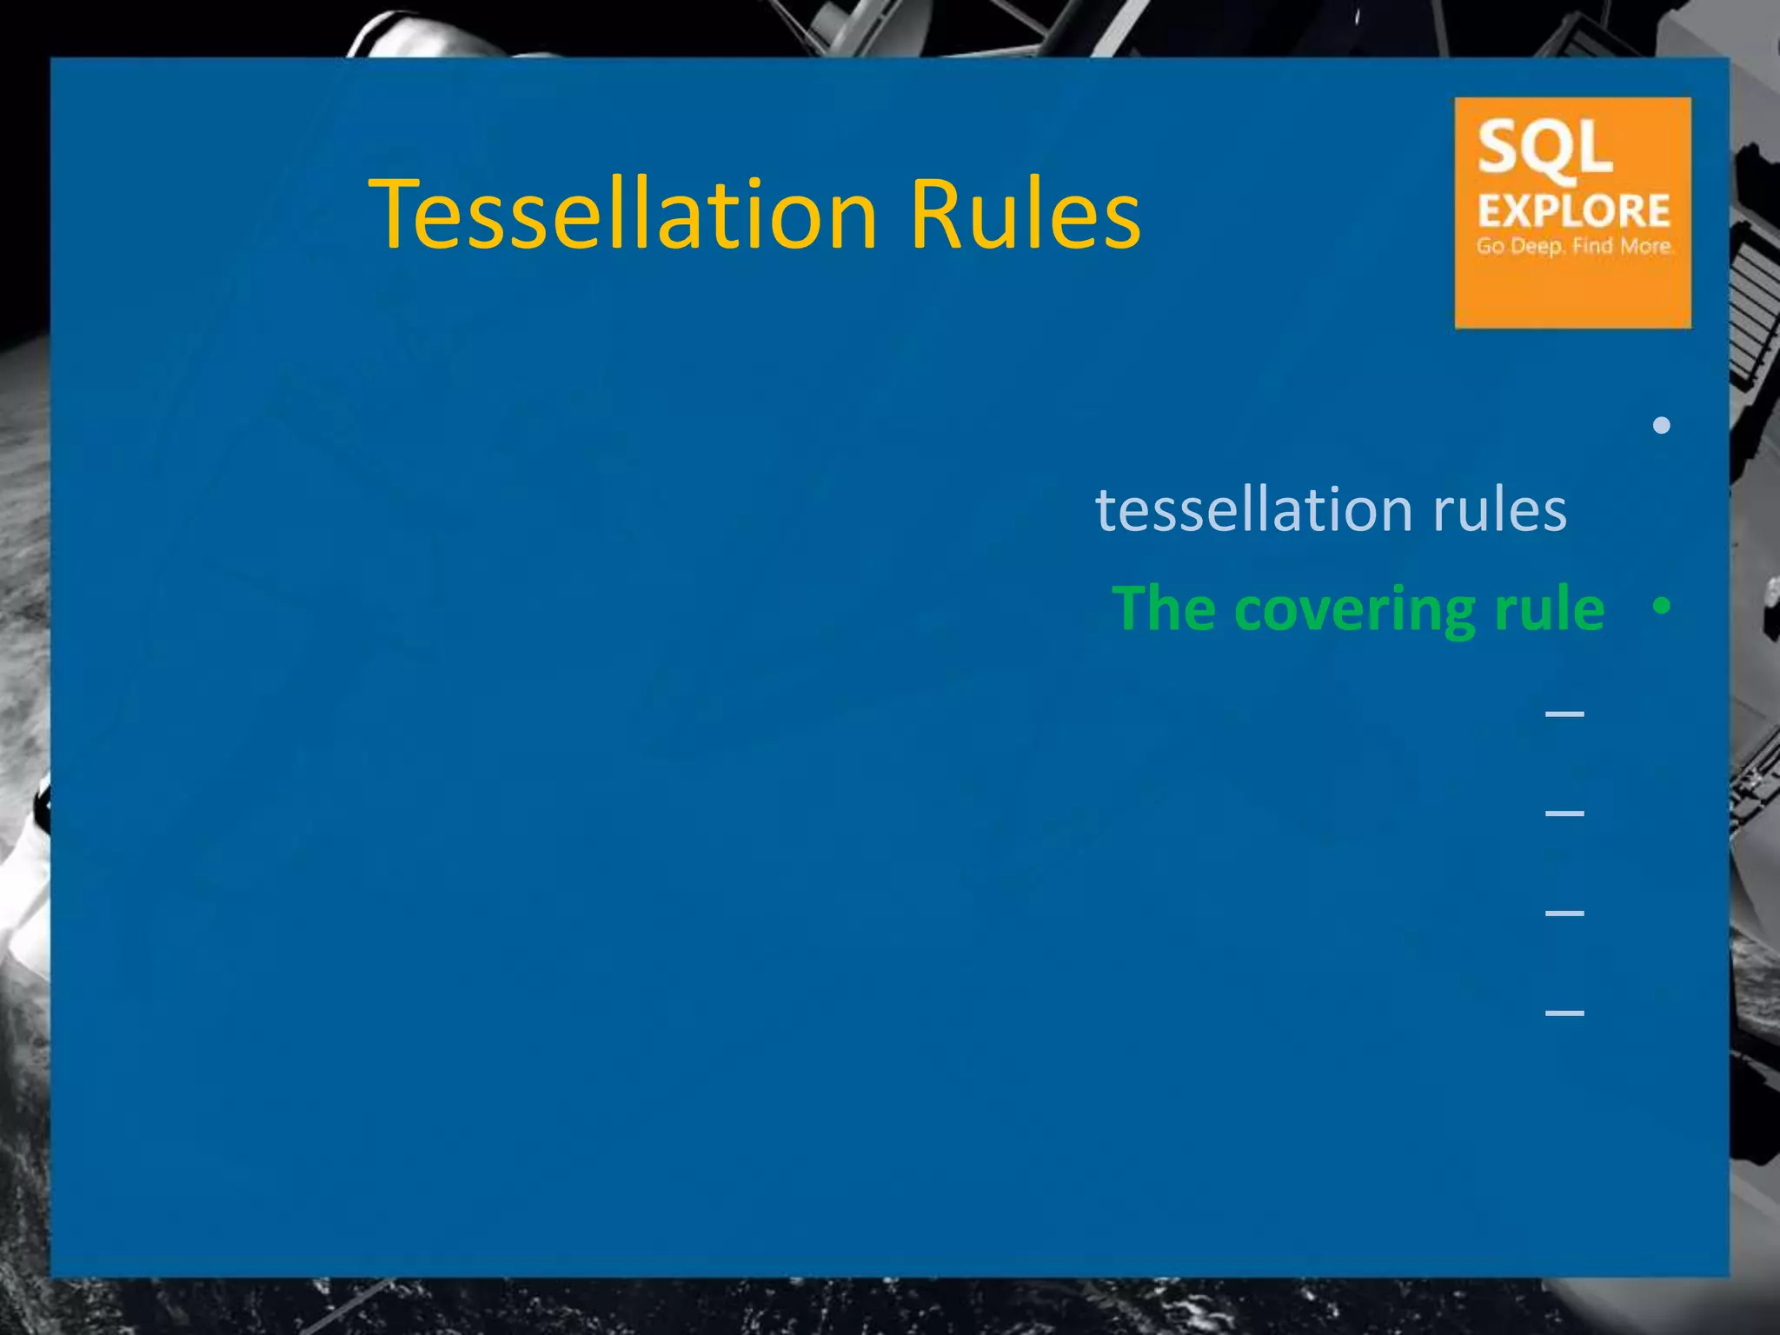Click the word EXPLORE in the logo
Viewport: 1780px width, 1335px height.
(1573, 211)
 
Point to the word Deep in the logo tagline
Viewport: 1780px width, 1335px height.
(1538, 247)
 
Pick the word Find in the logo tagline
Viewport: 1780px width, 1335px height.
(1592, 246)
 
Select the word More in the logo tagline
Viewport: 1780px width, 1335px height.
(1645, 246)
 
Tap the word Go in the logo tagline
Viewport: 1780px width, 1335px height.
(1490, 246)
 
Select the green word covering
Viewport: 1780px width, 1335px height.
(1354, 610)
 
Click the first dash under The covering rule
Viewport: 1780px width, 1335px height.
(1564, 714)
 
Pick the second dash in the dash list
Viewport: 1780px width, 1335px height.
(1564, 814)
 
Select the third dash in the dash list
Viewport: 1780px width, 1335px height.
(1564, 913)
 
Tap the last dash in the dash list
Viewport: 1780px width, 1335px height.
(1564, 1013)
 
